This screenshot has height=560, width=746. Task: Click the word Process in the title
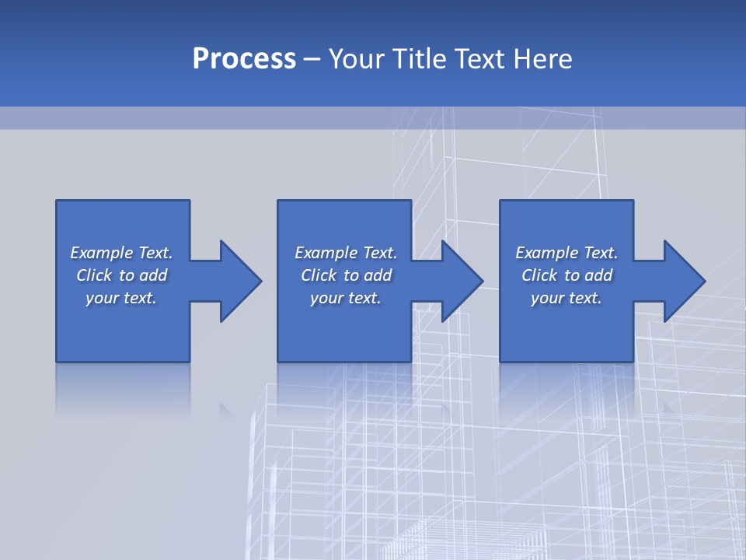click(244, 59)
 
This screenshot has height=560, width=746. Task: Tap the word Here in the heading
click(542, 59)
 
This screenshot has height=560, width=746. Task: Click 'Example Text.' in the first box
click(121, 253)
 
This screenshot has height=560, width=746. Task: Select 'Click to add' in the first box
click(121, 275)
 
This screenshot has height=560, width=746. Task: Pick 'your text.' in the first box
click(121, 298)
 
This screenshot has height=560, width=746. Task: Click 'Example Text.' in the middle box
click(346, 253)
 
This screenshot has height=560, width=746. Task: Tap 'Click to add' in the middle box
click(346, 275)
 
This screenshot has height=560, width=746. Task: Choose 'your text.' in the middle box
click(346, 298)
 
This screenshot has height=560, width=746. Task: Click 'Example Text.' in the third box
click(566, 253)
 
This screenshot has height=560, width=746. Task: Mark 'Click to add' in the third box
click(566, 275)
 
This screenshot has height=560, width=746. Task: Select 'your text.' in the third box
click(566, 298)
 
